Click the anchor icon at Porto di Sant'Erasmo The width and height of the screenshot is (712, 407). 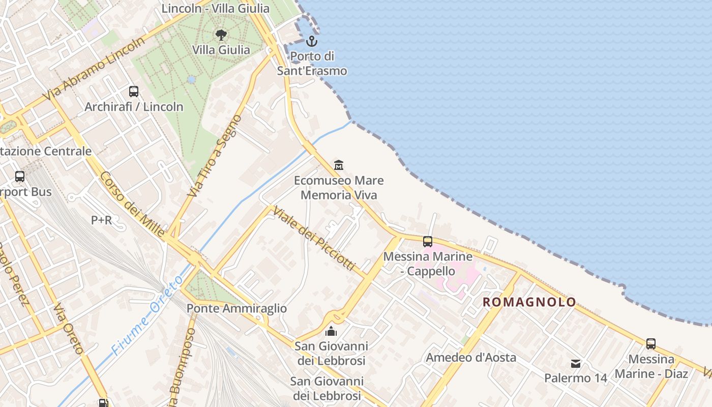[312, 41]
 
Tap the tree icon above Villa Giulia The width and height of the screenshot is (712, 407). [221, 35]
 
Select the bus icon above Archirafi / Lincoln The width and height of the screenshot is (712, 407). [134, 92]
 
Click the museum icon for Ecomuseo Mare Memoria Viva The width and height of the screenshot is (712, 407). [339, 165]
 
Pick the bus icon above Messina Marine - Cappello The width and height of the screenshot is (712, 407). [428, 241]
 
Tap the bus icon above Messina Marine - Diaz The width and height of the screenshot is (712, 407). [651, 344]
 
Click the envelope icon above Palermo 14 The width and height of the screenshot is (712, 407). [576, 363]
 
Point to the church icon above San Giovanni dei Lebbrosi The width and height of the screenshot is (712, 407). [331, 331]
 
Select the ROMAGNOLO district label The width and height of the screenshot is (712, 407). [529, 302]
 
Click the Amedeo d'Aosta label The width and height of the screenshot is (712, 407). [471, 358]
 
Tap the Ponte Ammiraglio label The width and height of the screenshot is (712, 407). [236, 308]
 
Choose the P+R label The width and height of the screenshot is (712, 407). [102, 220]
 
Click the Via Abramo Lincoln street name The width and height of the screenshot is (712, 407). [94, 70]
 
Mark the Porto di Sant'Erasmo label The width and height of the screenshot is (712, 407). [312, 64]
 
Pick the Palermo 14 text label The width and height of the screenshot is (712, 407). [576, 379]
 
